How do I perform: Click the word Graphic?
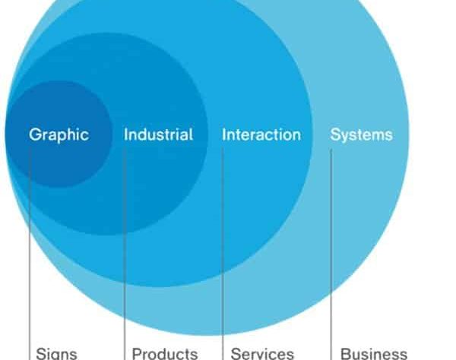59,135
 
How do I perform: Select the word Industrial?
159,134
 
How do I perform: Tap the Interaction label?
261,135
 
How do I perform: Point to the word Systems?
362,135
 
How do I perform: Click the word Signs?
56,354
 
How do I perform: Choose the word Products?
165,354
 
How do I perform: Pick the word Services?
262,354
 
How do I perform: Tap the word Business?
374,354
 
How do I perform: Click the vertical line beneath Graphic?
30,254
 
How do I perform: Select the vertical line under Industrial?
125,254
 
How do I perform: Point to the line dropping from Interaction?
223,254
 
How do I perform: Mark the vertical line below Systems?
331,254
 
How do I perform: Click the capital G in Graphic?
34,134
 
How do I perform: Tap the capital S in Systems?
335,134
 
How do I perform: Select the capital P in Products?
137,354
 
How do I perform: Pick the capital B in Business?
346,354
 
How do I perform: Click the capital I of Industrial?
125,134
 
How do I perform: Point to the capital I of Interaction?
224,135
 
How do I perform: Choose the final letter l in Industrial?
192,134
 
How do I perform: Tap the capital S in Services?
236,354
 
